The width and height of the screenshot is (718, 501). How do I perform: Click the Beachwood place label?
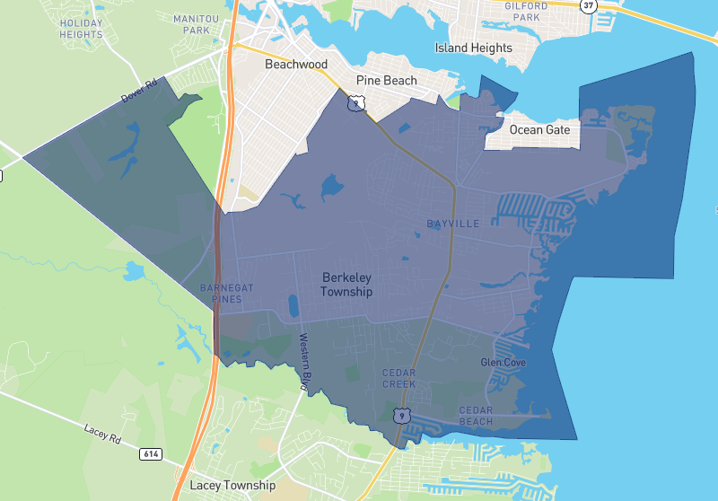(295, 65)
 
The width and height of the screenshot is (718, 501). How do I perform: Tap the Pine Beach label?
(387, 81)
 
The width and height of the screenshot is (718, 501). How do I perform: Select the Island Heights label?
(474, 48)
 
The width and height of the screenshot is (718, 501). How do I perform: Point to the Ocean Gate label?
(540, 130)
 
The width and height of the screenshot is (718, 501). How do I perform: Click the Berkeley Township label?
(346, 285)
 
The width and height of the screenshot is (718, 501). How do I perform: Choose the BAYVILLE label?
(453, 222)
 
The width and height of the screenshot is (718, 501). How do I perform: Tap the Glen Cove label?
(503, 363)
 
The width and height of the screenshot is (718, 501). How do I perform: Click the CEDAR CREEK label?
(398, 378)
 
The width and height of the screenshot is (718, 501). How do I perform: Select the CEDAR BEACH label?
(475, 416)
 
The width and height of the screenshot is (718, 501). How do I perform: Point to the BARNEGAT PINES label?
(227, 293)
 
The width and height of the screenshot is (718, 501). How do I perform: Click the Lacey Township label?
(232, 486)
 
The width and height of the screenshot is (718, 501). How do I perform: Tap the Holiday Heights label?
(81, 28)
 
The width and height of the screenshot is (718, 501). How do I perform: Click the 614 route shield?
(150, 454)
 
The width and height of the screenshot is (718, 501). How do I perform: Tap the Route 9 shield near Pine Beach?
(357, 103)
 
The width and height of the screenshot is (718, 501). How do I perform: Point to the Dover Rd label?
(139, 91)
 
